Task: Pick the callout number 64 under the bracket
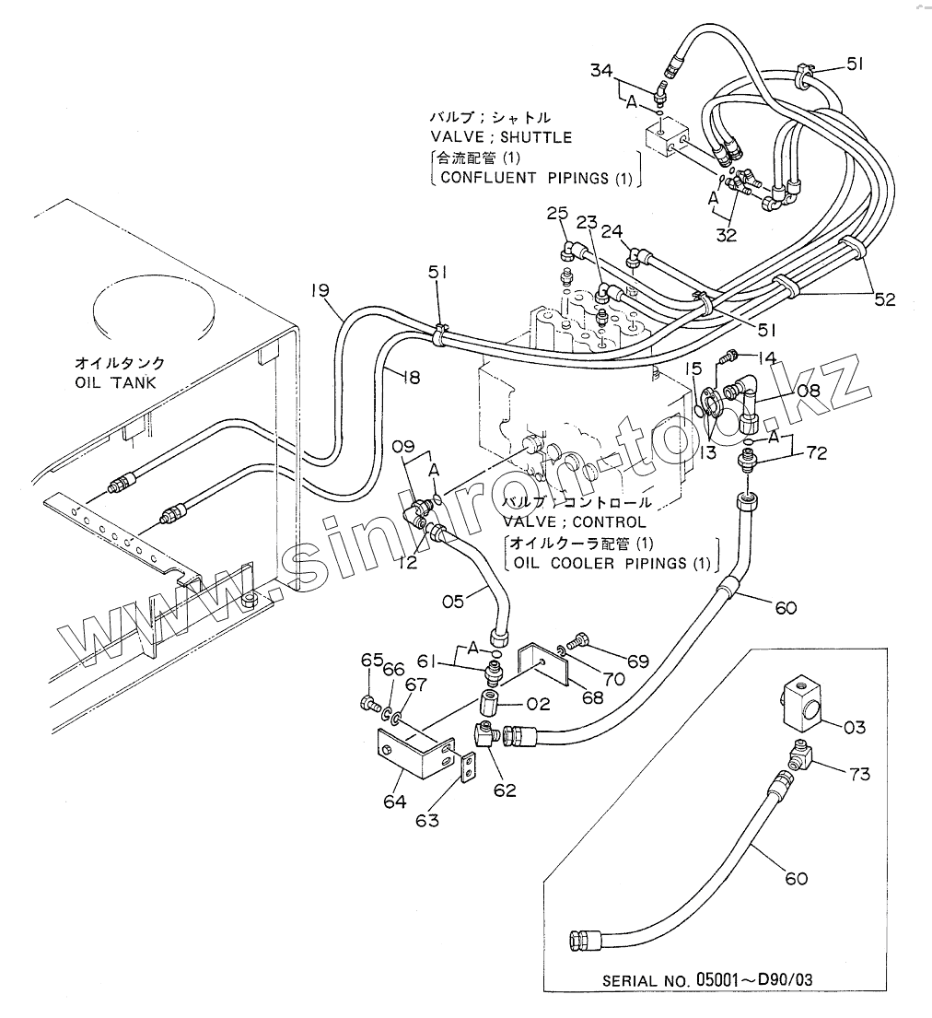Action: [395, 802]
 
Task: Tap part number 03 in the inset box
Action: [854, 727]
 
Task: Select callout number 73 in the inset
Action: [858, 774]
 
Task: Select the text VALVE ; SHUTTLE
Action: [501, 137]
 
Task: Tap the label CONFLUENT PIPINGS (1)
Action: [537, 178]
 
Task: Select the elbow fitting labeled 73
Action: [800, 758]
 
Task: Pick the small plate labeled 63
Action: [468, 766]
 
